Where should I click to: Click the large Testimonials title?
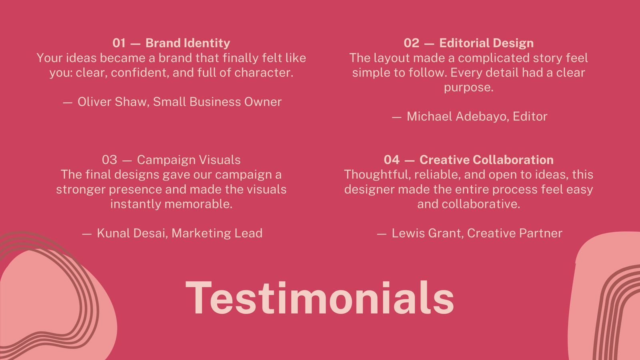(320, 298)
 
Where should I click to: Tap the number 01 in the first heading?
(119, 43)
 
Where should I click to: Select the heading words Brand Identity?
(188, 43)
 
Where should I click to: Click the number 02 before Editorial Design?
(412, 43)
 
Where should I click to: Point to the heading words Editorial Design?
(486, 43)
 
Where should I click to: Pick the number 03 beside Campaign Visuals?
(110, 160)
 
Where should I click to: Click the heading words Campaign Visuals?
(188, 160)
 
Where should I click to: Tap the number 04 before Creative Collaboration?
(392, 160)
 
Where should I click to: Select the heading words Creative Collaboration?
(486, 160)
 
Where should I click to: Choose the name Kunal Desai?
(132, 233)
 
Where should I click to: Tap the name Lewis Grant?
(427, 233)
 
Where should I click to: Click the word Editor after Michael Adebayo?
(530, 116)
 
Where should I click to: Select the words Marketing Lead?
(217, 233)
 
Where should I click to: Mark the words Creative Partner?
(514, 233)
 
